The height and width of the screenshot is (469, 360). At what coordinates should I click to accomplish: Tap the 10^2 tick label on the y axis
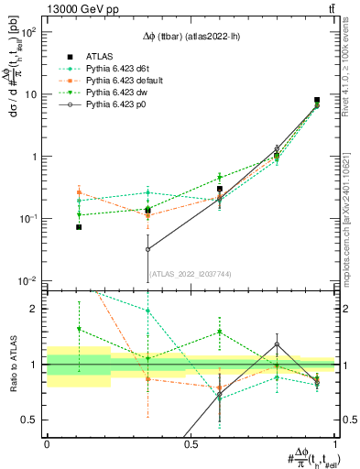pos(27,32)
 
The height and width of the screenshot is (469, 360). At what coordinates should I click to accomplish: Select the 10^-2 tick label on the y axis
pos(27,280)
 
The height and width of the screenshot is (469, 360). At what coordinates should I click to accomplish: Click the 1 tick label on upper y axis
pos(35,157)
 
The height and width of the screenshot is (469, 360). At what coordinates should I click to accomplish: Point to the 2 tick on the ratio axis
pos(35,309)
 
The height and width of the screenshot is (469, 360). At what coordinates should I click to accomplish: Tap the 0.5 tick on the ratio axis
pos(30,420)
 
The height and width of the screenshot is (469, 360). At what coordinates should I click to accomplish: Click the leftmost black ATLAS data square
pos(79,226)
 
